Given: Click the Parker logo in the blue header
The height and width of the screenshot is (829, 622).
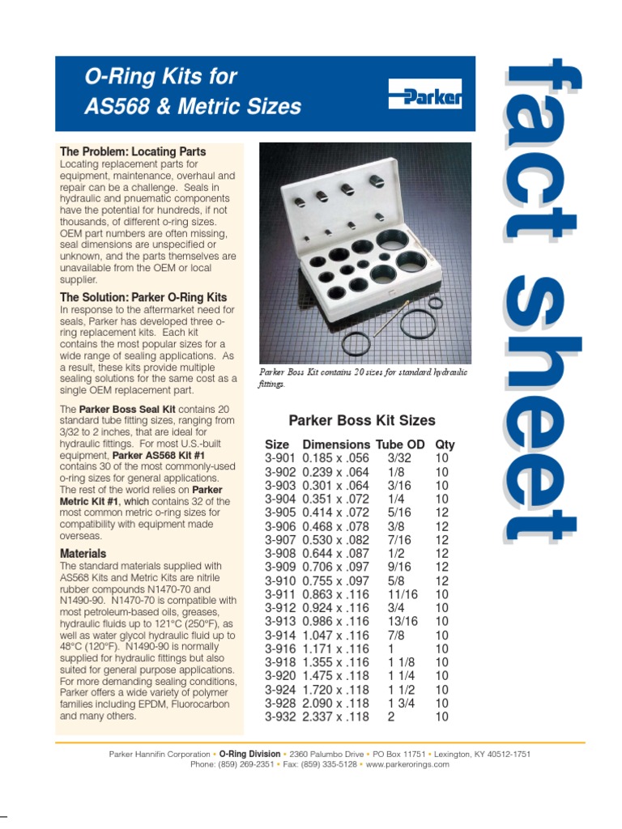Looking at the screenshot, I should pyautogui.click(x=425, y=95).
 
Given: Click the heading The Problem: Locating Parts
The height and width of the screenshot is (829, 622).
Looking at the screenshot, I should pyautogui.click(x=133, y=151).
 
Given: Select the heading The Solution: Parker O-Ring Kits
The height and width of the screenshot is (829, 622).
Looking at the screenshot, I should pyautogui.click(x=143, y=297).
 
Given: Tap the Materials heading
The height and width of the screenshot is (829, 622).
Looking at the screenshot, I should pyautogui.click(x=83, y=554).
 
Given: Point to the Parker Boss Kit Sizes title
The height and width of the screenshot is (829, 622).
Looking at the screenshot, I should pyautogui.click(x=362, y=420).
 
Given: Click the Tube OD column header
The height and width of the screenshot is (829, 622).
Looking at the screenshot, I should pyautogui.click(x=399, y=444).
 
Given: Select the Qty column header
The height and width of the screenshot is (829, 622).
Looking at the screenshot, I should pyautogui.click(x=445, y=444).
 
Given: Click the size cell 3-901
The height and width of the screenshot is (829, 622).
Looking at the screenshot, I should pyautogui.click(x=280, y=457).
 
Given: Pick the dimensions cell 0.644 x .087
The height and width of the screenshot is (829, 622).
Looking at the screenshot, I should pyautogui.click(x=335, y=553).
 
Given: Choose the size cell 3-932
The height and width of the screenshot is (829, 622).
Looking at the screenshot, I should pyautogui.click(x=280, y=716).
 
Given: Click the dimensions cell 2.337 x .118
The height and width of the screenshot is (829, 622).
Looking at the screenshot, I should pyautogui.click(x=335, y=716).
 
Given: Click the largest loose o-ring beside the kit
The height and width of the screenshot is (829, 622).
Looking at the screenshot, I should pyautogui.click(x=356, y=342).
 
